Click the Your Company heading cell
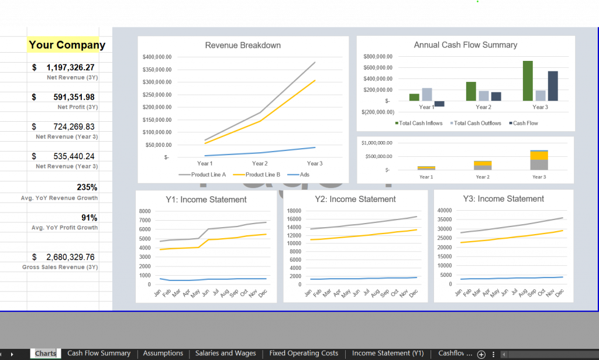(67, 45)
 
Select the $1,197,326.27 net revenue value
(70, 67)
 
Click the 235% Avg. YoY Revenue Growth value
(87, 187)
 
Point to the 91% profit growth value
(89, 217)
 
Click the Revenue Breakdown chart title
(243, 45)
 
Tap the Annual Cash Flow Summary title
(465, 45)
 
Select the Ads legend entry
(304, 174)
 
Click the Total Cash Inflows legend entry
(421, 123)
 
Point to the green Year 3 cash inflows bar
(528, 80)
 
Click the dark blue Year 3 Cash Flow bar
(552, 85)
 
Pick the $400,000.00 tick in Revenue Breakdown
(157, 57)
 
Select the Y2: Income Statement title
(355, 199)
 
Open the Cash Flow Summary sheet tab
(99, 353)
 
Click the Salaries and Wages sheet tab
(225, 353)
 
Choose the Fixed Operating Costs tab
(304, 353)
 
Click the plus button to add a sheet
(481, 354)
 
